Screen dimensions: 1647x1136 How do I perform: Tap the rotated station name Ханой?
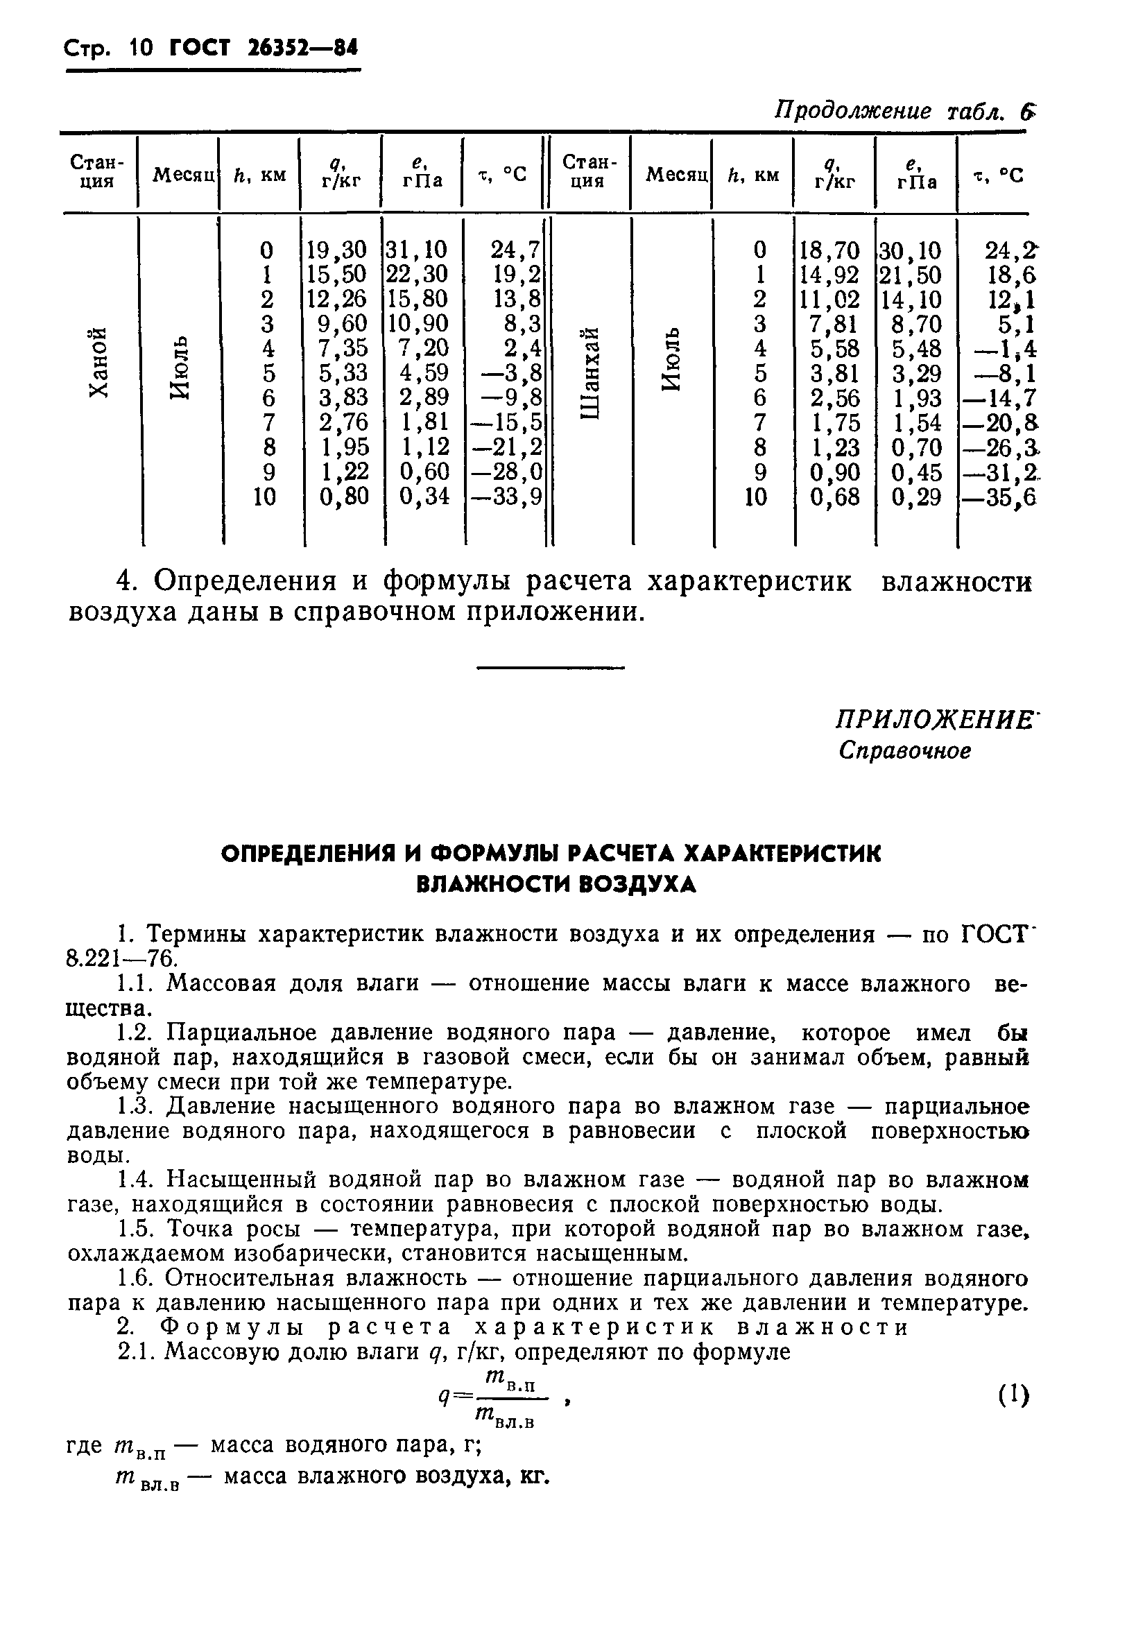[99, 362]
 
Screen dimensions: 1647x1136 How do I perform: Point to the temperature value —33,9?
[505, 496]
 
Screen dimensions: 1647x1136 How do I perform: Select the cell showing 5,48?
[915, 349]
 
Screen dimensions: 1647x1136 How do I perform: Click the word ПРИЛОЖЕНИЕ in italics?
[934, 720]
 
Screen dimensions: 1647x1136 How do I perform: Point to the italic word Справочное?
[904, 751]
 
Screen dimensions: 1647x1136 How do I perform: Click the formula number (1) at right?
[1013, 1395]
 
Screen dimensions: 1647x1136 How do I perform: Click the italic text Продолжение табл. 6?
[904, 112]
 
